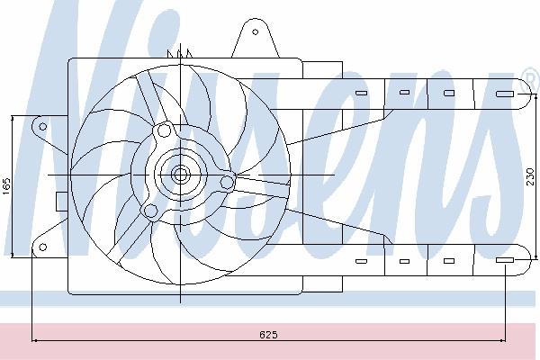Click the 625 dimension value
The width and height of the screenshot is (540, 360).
[268, 335]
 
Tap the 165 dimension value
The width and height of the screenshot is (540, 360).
[7, 186]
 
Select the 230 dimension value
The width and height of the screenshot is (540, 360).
[531, 176]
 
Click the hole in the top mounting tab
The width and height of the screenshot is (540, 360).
[256, 32]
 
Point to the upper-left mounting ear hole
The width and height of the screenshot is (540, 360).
[42, 126]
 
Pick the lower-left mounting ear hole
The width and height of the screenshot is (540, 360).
[42, 247]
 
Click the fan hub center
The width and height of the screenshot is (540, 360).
[180, 175]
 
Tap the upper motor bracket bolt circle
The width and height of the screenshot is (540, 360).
[164, 130]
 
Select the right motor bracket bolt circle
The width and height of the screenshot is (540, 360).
[227, 182]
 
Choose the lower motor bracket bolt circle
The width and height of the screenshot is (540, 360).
[150, 211]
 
